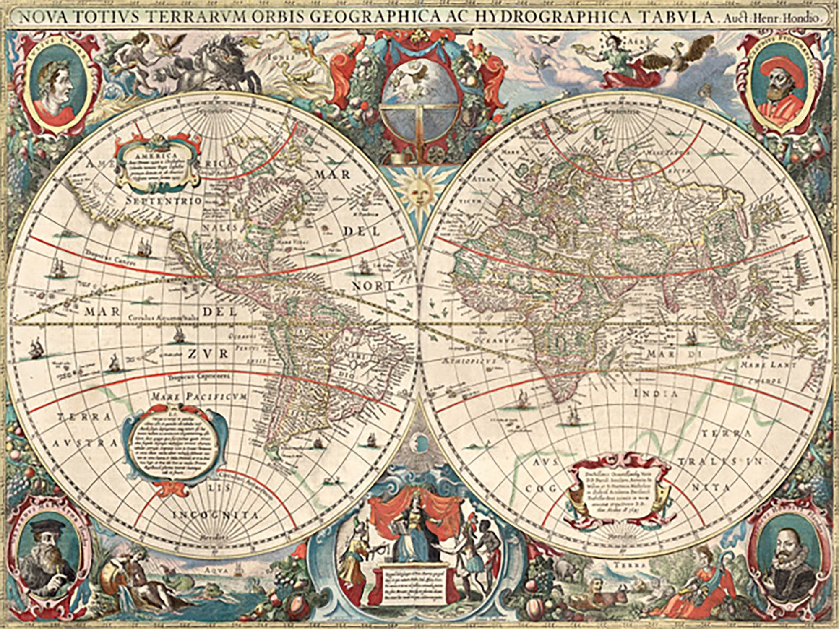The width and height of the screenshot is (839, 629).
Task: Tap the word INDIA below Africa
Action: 656,393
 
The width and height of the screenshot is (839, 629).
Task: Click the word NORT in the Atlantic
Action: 373,286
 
